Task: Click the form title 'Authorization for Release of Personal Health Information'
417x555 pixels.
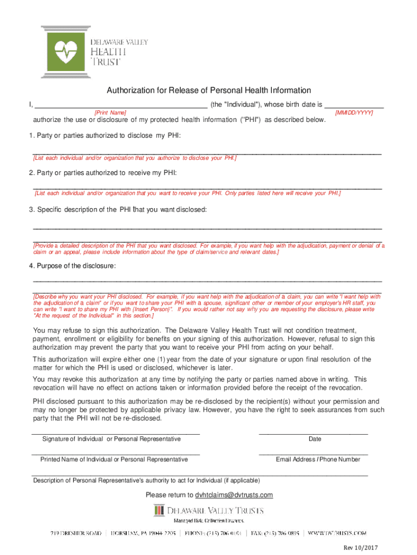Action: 208,91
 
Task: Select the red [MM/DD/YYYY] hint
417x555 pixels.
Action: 354,112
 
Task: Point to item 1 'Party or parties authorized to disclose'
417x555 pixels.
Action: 105,135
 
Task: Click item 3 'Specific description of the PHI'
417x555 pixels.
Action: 118,210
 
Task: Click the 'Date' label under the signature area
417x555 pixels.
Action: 315,439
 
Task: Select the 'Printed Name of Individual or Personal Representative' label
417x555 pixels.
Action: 114,460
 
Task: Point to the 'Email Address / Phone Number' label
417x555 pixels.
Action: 318,460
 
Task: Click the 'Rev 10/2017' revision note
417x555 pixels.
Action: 361,547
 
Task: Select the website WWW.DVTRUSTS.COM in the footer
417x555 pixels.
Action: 337,533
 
